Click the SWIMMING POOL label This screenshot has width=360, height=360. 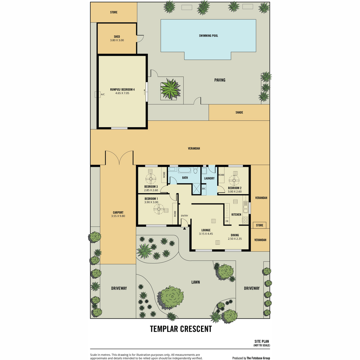click(x=208, y=36)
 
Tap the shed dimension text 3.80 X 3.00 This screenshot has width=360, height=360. click(x=117, y=40)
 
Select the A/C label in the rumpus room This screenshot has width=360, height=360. click(x=103, y=94)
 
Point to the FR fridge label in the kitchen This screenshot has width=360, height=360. click(x=227, y=221)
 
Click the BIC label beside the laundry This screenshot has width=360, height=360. click(x=204, y=189)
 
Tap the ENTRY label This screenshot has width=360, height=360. click(x=184, y=216)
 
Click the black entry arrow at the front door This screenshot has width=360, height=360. click(x=184, y=228)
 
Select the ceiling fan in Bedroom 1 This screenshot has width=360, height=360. click(x=159, y=209)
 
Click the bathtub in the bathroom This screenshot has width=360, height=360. click(x=184, y=170)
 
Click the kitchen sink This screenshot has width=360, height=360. click(x=245, y=207)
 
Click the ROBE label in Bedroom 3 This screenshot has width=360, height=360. click(x=164, y=175)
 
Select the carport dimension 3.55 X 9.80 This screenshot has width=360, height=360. click(x=118, y=216)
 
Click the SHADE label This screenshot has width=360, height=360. click(x=239, y=112)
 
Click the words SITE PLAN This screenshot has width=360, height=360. click(x=262, y=341)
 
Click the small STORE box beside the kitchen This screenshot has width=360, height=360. click(x=259, y=225)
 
